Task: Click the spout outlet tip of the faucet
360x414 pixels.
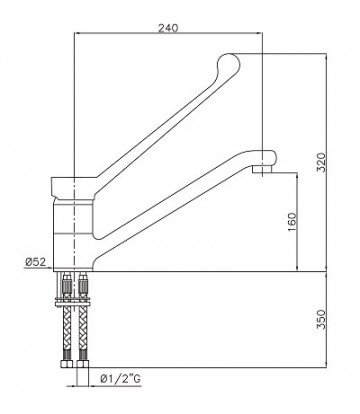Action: pos(262,171)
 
